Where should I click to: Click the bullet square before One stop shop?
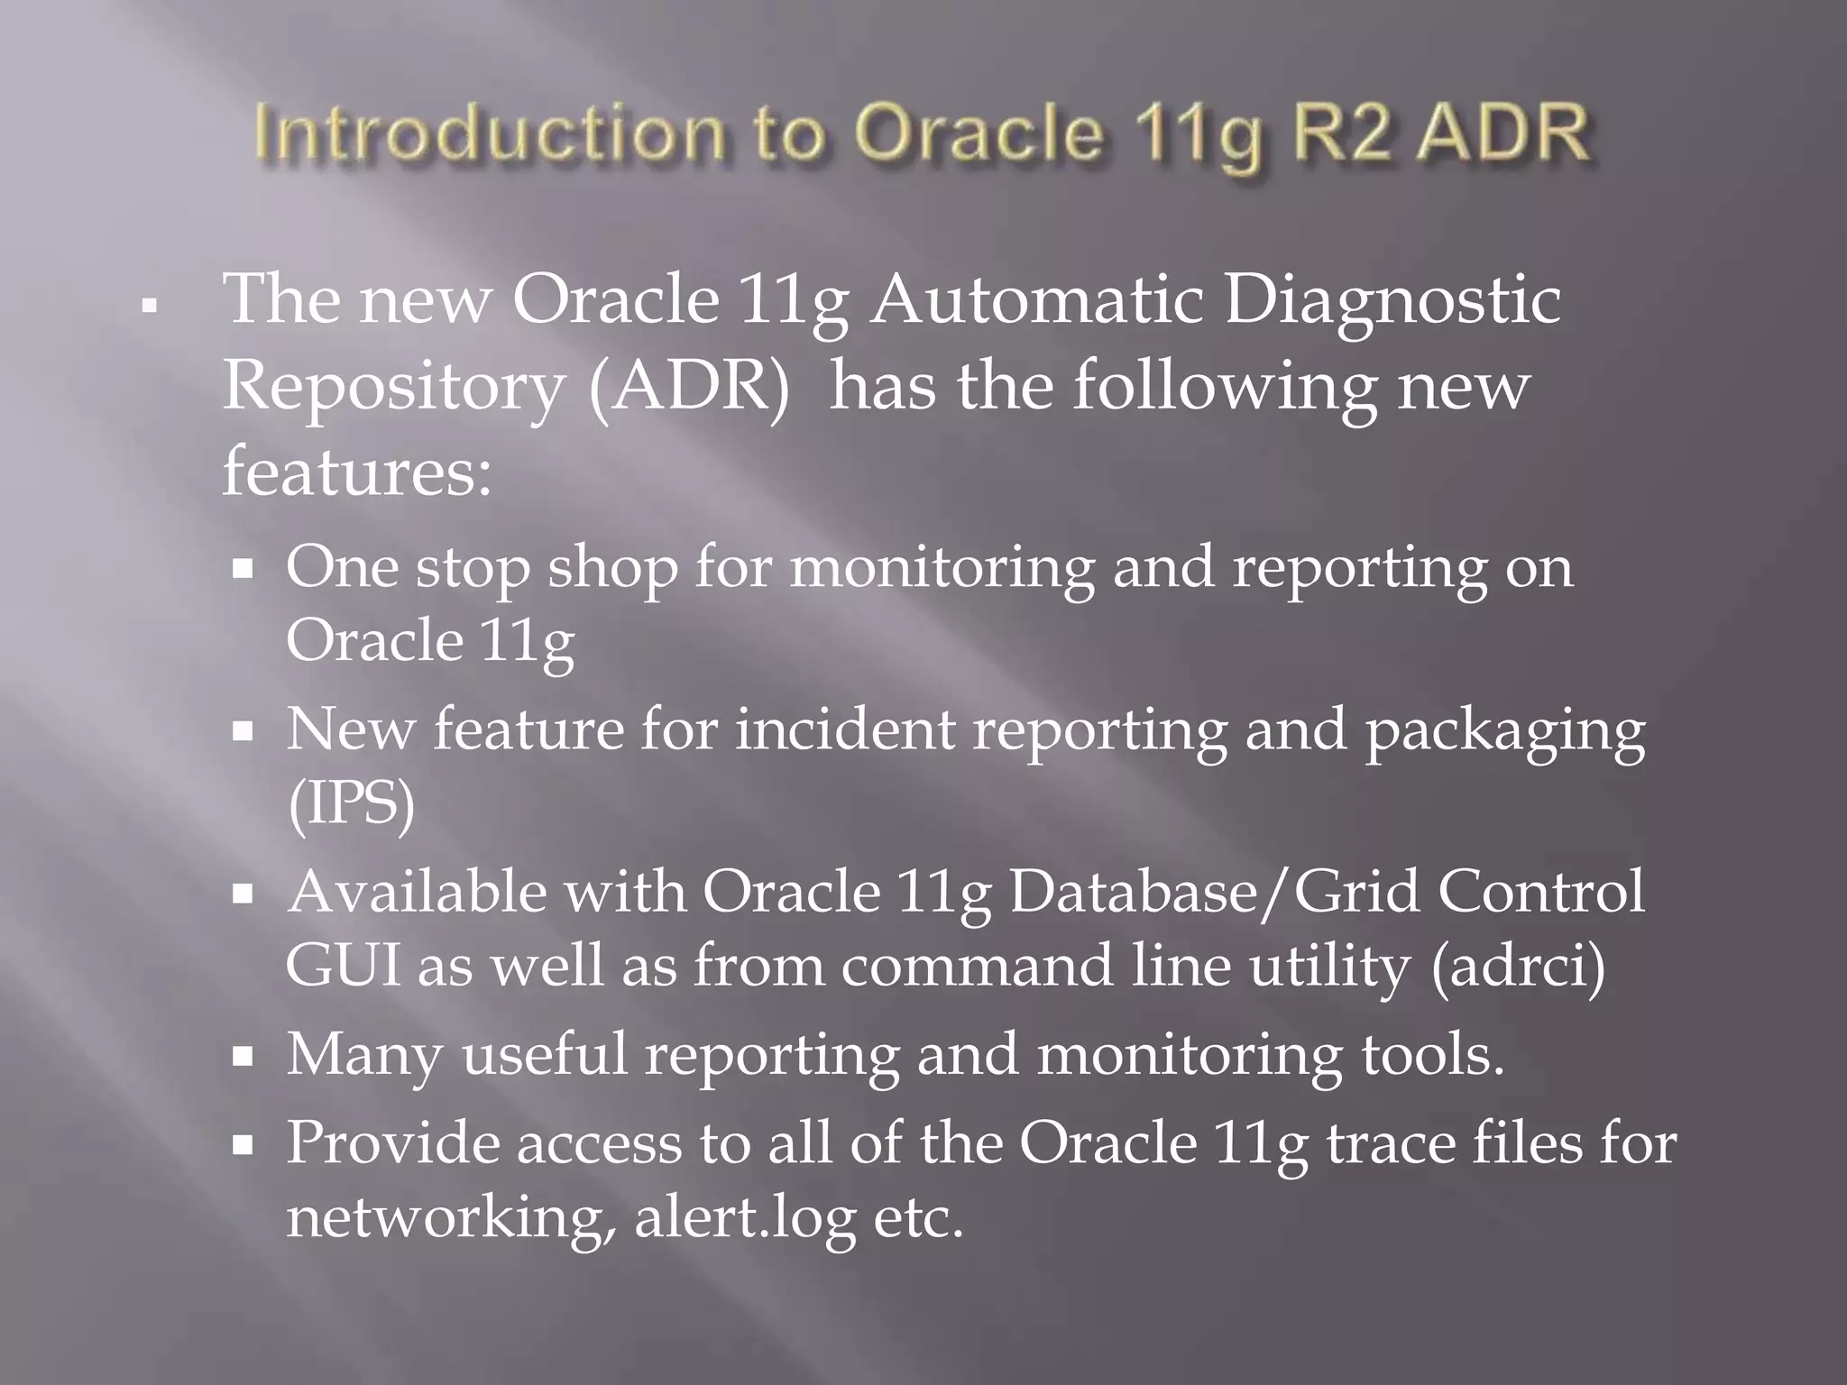pyautogui.click(x=242, y=571)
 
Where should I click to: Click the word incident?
pyautogui.click(x=845, y=729)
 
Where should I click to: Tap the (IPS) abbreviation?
pyautogui.click(x=351, y=804)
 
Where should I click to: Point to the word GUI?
pyautogui.click(x=343, y=966)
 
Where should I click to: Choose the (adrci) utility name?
pyautogui.click(x=1518, y=968)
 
